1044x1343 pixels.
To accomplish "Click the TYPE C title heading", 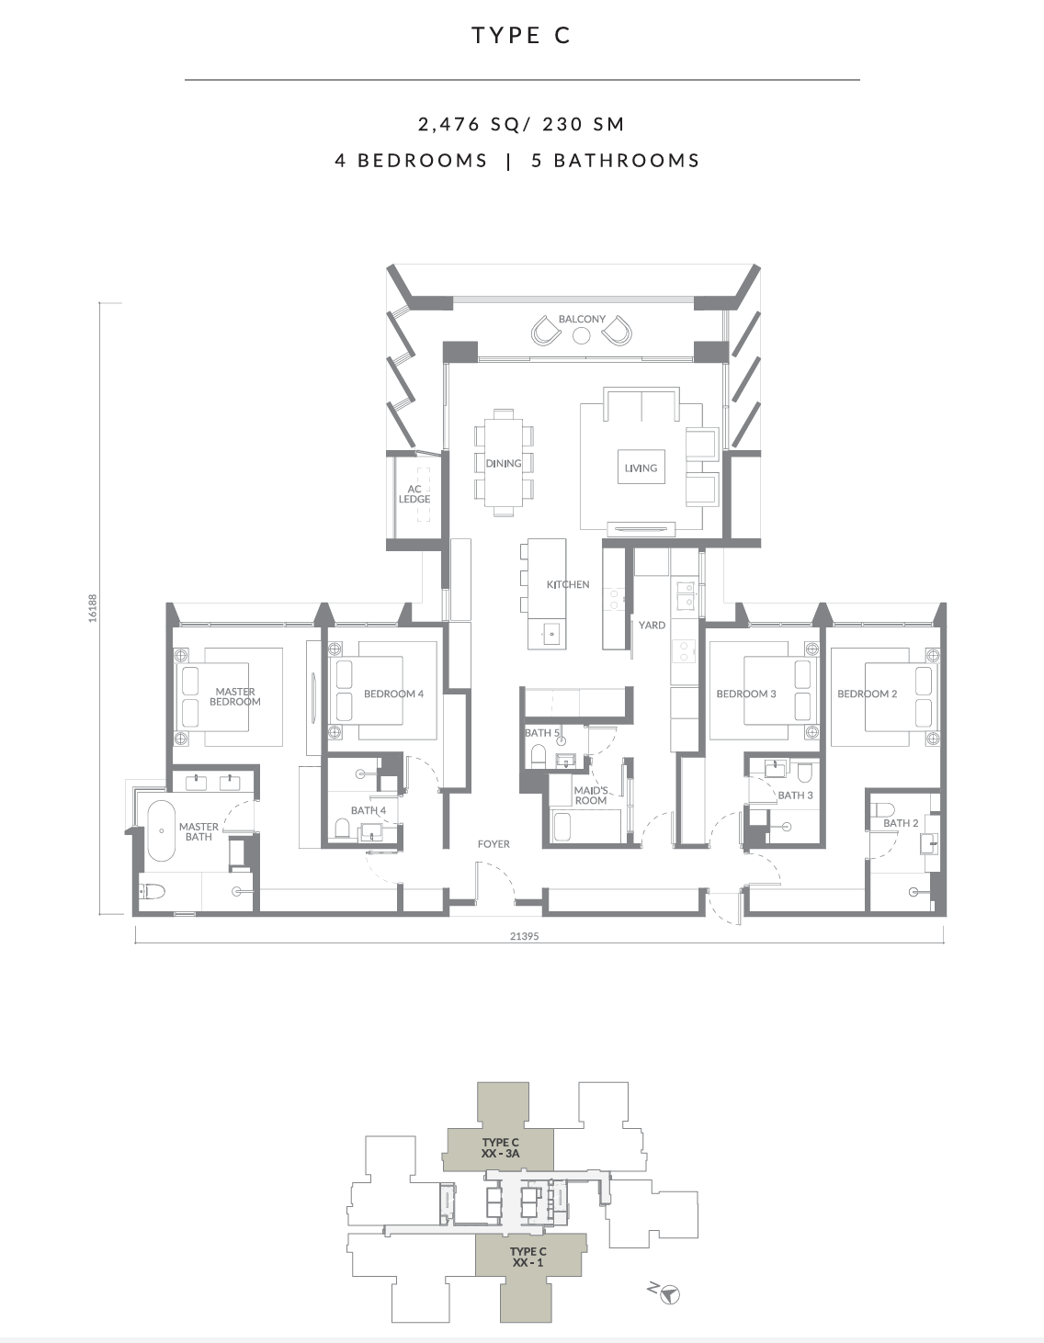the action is [521, 35].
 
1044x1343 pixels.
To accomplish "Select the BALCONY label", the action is [582, 319].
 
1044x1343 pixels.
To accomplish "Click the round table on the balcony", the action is [581, 335].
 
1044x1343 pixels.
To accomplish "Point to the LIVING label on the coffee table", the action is [641, 468].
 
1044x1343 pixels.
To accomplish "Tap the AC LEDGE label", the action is [414, 494].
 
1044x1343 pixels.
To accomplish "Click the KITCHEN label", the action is [567, 584].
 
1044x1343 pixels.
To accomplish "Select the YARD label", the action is [652, 625].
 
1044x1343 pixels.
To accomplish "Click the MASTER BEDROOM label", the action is [235, 696].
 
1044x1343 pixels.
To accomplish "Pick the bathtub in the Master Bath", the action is [162, 830].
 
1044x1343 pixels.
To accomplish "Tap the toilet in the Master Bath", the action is [153, 891].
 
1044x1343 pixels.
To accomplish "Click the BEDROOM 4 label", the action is [393, 694].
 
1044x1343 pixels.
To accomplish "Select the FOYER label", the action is [494, 843].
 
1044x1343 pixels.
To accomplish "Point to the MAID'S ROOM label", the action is [591, 796].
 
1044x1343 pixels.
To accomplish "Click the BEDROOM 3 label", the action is [746, 694].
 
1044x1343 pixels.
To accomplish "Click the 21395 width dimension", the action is [524, 936].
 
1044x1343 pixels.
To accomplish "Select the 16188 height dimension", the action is [93, 608].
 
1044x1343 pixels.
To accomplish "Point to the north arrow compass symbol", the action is [669, 1293].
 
